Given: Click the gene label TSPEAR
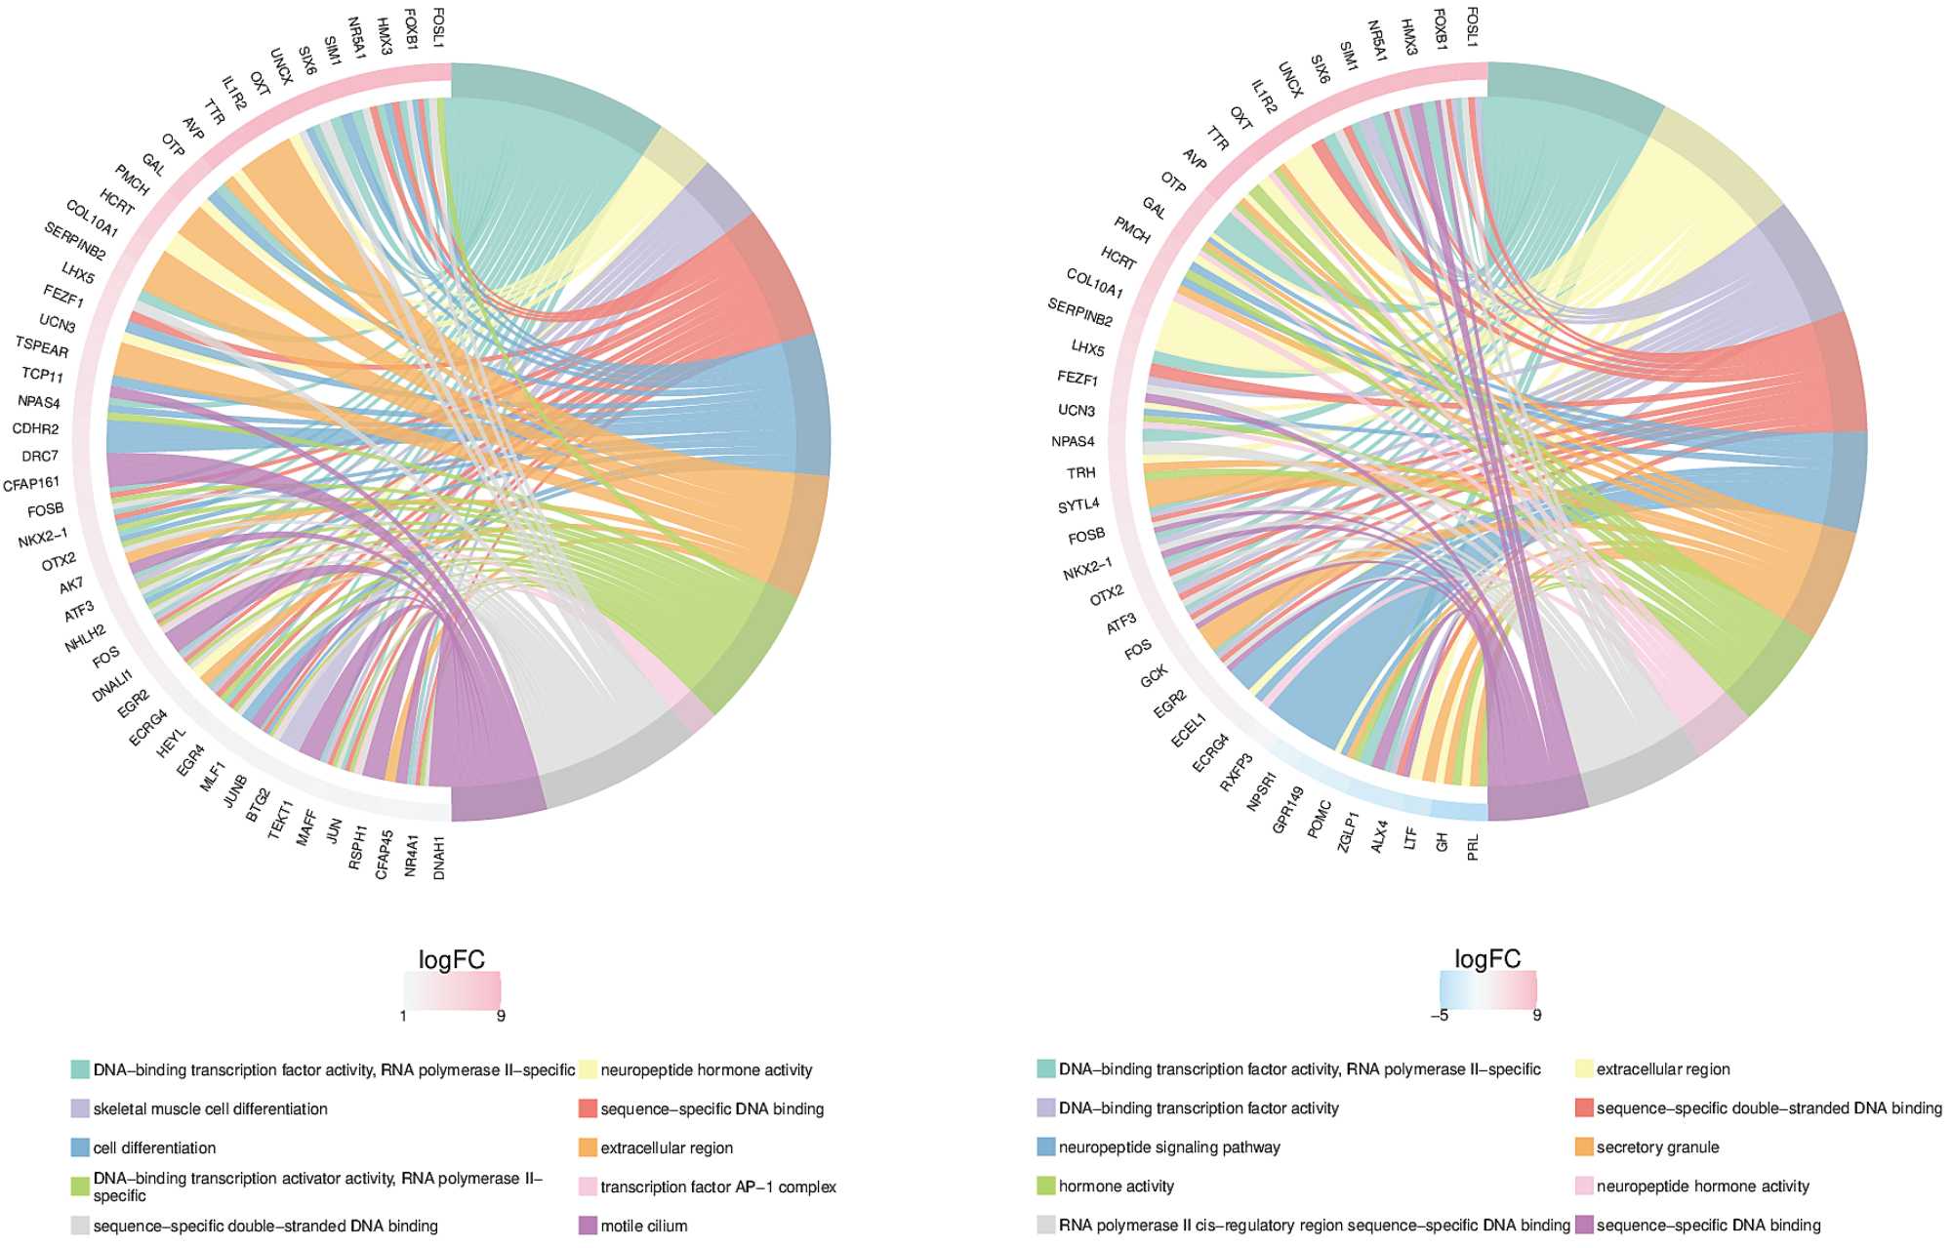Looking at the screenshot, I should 42,346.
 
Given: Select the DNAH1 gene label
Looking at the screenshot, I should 439,858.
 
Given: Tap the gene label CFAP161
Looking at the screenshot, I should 31,483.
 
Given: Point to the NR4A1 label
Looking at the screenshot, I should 411,856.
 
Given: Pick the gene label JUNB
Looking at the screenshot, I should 235,791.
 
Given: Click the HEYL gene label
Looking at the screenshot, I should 172,744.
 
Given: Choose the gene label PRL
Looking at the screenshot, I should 1473,847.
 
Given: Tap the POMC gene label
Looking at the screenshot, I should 1319,820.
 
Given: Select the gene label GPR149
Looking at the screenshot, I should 1287,810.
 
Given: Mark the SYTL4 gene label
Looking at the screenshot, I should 1078,505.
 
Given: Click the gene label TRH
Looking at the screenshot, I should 1081,473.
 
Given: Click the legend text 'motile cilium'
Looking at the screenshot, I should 643,1226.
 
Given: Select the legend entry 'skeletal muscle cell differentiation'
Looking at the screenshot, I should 210,1108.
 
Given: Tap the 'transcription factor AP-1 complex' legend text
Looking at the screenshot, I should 718,1187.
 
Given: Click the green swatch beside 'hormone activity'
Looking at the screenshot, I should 1046,1187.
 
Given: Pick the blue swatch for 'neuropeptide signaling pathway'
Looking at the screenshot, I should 1046,1147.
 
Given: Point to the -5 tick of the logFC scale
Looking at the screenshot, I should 1440,1015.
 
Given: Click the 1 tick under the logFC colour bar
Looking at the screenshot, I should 403,1016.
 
